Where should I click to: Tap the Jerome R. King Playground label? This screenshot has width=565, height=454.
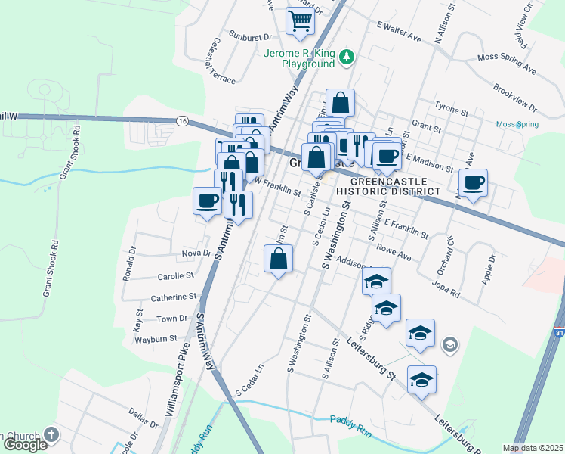coord(298,59)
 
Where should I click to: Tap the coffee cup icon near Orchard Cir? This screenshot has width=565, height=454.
coord(474,182)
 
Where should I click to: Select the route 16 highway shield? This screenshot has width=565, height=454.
coord(183,121)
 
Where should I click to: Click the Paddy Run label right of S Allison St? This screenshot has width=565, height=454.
coord(351,419)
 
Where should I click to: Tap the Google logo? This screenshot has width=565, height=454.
coord(24,445)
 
